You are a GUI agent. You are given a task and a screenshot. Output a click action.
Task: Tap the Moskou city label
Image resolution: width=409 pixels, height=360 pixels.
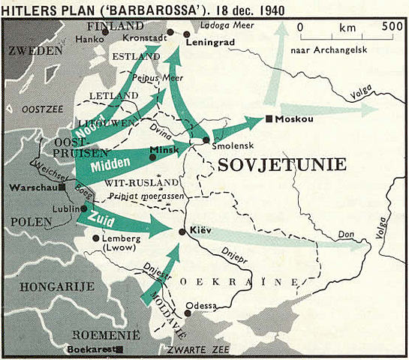pyautogui.click(x=294, y=119)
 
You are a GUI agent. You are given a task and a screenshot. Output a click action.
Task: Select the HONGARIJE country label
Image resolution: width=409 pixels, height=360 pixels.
pyautogui.click(x=47, y=286)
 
